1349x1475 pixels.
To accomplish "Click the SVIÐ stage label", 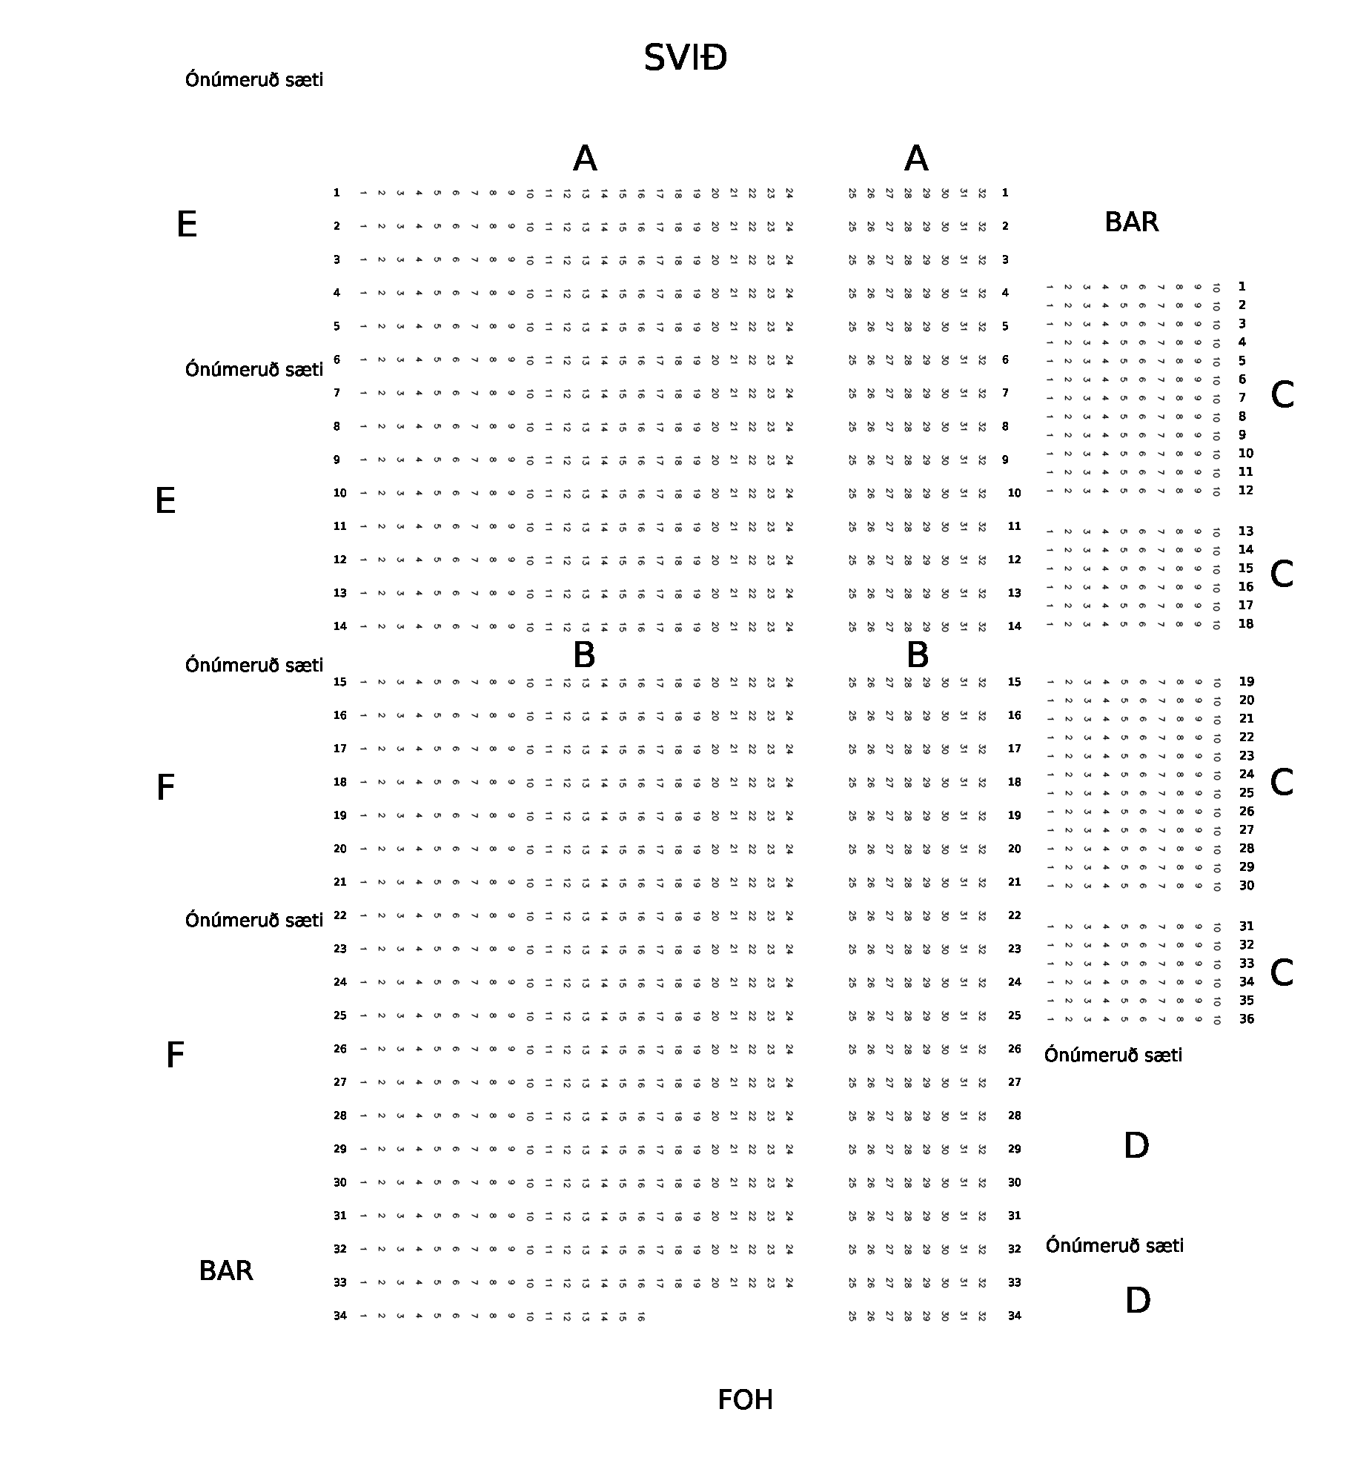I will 685,58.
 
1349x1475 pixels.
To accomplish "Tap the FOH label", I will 745,1400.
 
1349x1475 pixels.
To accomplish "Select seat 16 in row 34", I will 641,1316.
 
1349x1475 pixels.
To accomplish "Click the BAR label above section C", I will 1131,222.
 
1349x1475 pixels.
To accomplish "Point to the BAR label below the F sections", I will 226,1270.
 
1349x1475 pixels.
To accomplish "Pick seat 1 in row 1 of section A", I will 363,193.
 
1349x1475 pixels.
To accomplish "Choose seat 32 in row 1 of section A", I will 982,193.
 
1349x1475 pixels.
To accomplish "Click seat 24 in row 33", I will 789,1282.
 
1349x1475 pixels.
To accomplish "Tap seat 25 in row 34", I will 852,1316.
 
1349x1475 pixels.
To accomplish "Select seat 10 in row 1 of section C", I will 1216,288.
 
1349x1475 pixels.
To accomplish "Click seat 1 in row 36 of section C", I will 1050,1020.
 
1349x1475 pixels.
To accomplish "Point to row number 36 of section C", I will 1247,1019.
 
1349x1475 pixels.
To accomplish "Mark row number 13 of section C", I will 1246,531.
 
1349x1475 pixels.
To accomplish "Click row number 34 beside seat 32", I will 1015,1316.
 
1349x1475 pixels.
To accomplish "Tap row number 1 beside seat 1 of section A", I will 337,193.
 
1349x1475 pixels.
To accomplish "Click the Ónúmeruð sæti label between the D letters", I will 1114,1246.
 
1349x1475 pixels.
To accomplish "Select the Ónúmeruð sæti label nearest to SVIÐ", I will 254,80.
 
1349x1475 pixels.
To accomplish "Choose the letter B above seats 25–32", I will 917,655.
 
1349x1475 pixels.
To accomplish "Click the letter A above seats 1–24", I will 585,159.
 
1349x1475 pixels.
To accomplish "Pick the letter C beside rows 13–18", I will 1282,574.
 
